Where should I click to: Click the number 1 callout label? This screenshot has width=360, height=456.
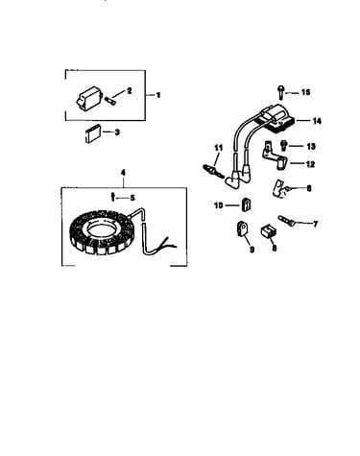pos(157,95)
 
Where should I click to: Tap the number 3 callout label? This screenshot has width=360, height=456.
pos(117,132)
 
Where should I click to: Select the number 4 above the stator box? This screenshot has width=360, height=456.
pos(123,173)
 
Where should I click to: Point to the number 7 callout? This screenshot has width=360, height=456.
pos(315,224)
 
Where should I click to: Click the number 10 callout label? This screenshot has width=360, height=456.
pos(218,205)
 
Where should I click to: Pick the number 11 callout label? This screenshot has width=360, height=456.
pos(218,148)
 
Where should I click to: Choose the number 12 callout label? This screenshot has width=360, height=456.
pos(310,164)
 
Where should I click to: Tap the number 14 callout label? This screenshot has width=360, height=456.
pos(317,121)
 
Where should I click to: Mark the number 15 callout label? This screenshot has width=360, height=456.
pos(305,92)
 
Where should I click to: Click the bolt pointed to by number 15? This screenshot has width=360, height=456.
pos(280,91)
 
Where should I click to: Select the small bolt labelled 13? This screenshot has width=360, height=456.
pos(283,146)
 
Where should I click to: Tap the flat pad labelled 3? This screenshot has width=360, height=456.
pos(92,133)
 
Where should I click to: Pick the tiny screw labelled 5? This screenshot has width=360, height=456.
pos(112,197)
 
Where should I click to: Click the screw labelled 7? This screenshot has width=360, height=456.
pos(286,221)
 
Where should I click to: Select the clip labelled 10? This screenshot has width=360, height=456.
pos(246,204)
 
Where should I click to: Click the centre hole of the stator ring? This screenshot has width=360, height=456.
pos(100,229)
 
